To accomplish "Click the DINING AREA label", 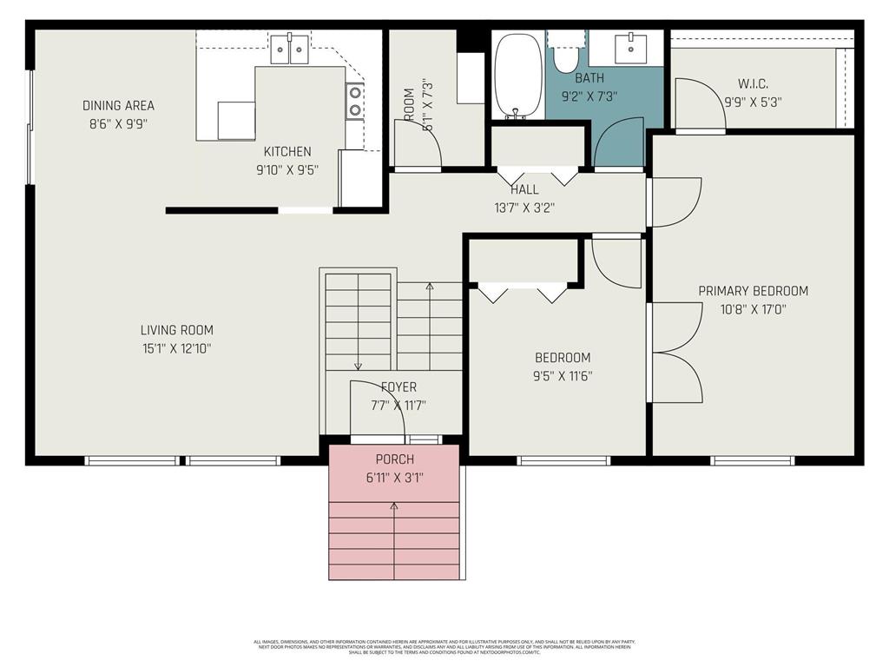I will pyautogui.click(x=118, y=106).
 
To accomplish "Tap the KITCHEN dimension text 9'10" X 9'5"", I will pyautogui.click(x=287, y=170).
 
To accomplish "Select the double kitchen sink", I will pyautogui.click(x=289, y=50).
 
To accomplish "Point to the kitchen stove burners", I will pyautogui.click(x=354, y=100).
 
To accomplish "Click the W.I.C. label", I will pyautogui.click(x=753, y=84).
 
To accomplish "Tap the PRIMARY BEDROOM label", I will pyautogui.click(x=753, y=291).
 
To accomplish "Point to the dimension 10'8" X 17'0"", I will pyautogui.click(x=753, y=309).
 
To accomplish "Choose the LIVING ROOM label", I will pyautogui.click(x=176, y=330).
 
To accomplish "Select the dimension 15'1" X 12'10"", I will pyautogui.click(x=176, y=348).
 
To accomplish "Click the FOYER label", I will pyautogui.click(x=398, y=387).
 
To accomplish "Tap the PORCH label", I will pyautogui.click(x=394, y=459).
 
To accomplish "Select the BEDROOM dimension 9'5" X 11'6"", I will pyautogui.click(x=563, y=376).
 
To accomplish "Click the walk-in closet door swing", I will pyautogui.click(x=700, y=104).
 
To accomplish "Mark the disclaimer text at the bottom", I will pyautogui.click(x=444, y=647).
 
